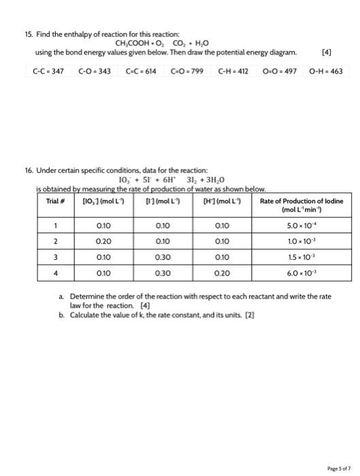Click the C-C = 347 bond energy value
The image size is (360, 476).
(48, 70)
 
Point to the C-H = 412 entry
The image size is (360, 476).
(235, 70)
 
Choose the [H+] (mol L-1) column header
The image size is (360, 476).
(219, 201)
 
